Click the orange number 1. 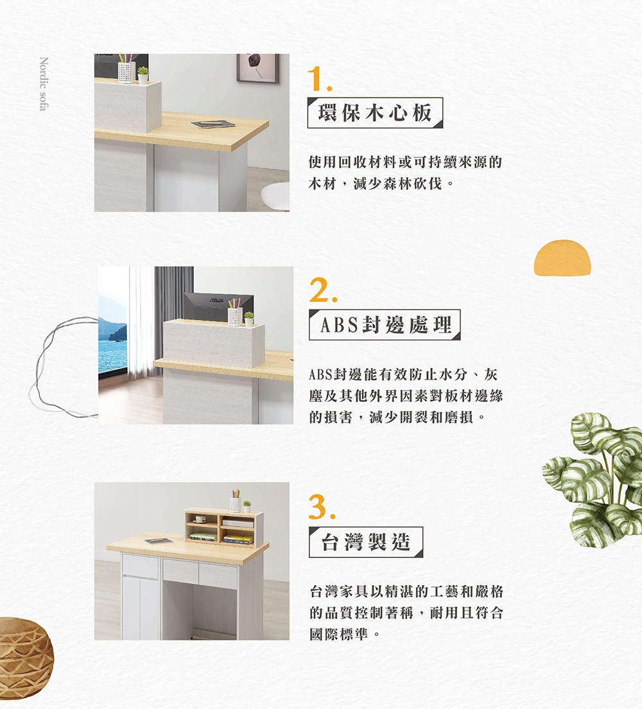(319, 79)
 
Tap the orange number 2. (320, 292)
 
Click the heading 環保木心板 (376, 113)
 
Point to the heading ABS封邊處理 (385, 326)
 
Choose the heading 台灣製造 (365, 542)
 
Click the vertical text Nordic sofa (44, 84)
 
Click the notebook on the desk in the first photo (213, 123)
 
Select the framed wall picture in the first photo (258, 68)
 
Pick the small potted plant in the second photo (248, 318)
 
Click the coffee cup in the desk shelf (200, 518)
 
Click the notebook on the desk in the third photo (157, 541)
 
